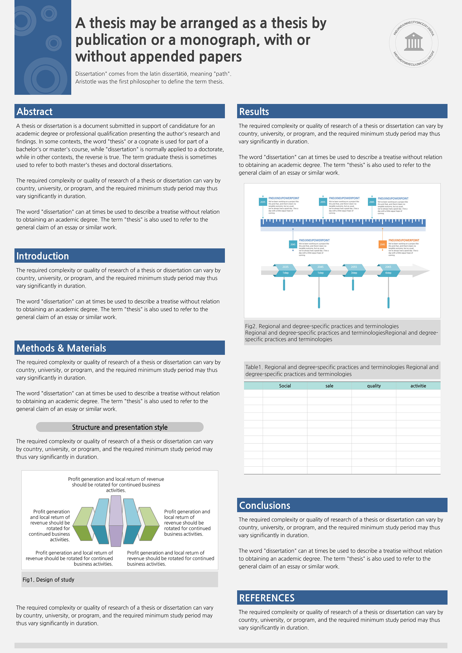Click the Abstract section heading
pyautogui.click(x=34, y=111)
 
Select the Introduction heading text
pyautogui.click(x=43, y=256)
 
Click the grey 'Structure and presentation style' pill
pyautogui.click(x=120, y=427)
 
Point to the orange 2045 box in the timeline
pyautogui.click(x=382, y=244)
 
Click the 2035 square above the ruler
pyautogui.click(x=263, y=202)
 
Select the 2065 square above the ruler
pyautogui.click(x=372, y=202)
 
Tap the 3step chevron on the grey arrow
pyautogui.click(x=354, y=273)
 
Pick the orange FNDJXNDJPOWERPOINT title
pyautogui.click(x=404, y=240)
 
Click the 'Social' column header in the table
pyautogui.click(x=285, y=386)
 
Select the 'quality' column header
pyautogui.click(x=374, y=386)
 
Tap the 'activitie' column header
pyautogui.click(x=418, y=386)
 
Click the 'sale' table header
pyautogui.click(x=329, y=386)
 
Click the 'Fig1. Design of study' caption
pyautogui.click(x=48, y=580)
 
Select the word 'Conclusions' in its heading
pyautogui.click(x=265, y=505)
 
